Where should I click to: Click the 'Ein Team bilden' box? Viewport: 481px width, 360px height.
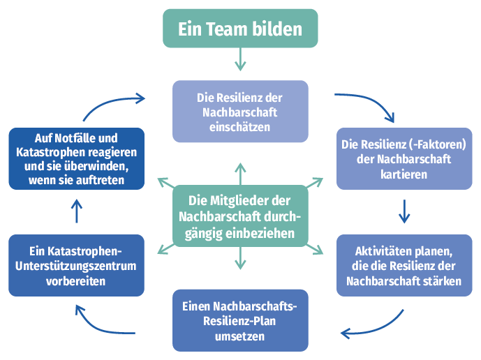coord(240,29)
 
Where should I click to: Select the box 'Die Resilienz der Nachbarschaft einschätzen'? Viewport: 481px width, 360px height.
coord(240,112)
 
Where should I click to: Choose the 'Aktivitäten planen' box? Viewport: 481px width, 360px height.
coord(404,266)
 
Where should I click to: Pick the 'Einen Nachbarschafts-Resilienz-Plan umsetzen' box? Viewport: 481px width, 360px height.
coord(240,320)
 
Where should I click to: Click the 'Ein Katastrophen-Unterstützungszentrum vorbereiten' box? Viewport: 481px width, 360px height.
coord(77,265)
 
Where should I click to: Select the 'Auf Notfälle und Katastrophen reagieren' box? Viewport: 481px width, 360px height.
coord(77,158)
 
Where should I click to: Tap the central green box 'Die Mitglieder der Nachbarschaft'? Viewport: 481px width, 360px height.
coord(240,216)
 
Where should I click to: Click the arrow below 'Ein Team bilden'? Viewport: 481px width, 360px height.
coord(240,59)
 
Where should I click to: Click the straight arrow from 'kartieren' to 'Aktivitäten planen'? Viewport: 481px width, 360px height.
coord(404,211)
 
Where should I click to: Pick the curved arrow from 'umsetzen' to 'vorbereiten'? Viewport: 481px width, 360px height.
coord(101,323)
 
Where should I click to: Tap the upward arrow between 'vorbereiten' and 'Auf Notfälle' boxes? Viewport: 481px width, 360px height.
coord(77,211)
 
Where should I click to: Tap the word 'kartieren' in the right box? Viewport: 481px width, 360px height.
coord(404,174)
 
